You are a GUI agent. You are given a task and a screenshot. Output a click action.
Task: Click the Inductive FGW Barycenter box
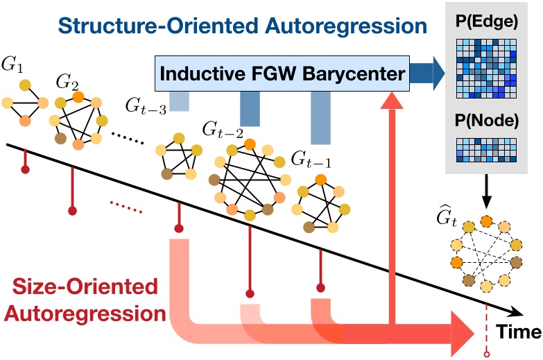coord(281,74)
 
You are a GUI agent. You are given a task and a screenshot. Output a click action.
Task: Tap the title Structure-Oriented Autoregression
coord(242,26)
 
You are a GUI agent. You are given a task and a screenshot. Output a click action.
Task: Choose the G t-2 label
coord(221,128)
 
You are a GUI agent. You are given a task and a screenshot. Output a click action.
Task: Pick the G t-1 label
coord(311,161)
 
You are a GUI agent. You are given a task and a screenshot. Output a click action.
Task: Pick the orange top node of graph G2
coord(78,97)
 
